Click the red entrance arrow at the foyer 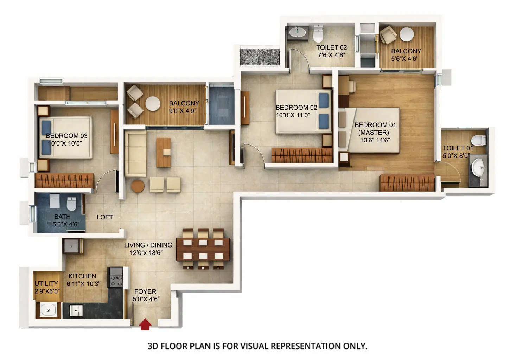pos(145,324)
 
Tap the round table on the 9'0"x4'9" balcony pos(153,104)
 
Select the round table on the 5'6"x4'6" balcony pos(407,34)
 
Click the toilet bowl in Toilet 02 pos(318,34)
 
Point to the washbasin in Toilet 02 pos(297,33)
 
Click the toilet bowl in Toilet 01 pos(478,140)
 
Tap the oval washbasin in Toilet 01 pos(478,167)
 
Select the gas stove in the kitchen pos(116,277)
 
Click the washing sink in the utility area pos(48,310)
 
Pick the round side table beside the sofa pos(138,186)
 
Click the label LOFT pos(105,217)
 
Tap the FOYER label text pos(145,291)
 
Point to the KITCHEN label pos(82,276)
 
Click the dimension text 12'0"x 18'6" pos(146,253)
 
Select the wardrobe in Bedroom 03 pos(64,181)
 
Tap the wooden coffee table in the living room pos(163,152)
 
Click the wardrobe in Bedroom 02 pos(302,155)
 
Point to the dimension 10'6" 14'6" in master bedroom pos(375,140)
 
